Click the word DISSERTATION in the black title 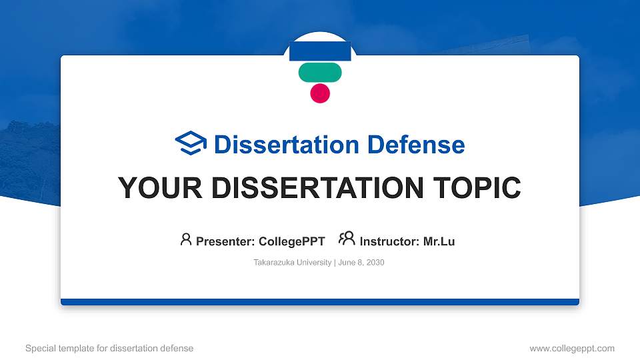[313, 188]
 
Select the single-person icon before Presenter [186, 239]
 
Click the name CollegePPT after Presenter [293, 241]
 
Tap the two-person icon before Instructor [347, 239]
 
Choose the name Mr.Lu [439, 241]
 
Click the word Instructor [389, 241]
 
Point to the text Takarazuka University [292, 263]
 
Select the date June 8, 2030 [361, 263]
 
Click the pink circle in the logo [320, 93]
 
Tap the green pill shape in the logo [320, 72]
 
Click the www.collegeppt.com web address [572, 348]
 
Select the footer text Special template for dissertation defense [109, 348]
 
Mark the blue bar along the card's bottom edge [320, 302]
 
